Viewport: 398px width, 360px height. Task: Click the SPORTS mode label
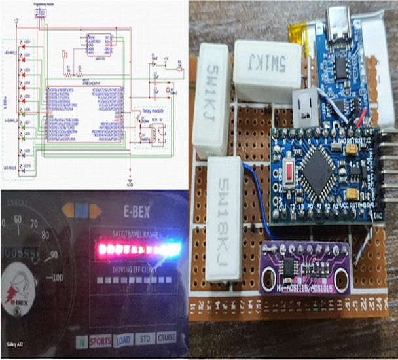click(x=100, y=340)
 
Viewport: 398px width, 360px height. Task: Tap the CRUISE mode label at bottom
click(x=166, y=338)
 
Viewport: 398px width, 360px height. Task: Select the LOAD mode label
click(x=123, y=340)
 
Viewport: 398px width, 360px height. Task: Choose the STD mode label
click(x=145, y=339)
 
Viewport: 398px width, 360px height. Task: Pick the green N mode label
click(x=80, y=341)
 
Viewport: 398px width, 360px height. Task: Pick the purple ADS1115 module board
click(x=304, y=268)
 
